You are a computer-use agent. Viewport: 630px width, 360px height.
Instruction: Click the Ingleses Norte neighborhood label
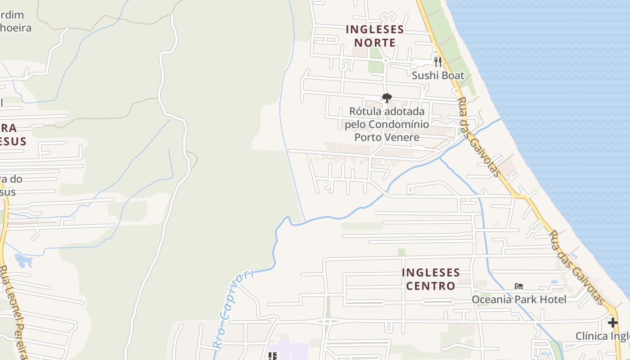coord(374,36)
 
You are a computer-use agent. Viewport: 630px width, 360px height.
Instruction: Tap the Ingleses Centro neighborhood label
coord(431,279)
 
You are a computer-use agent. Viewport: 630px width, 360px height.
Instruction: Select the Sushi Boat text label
coord(438,75)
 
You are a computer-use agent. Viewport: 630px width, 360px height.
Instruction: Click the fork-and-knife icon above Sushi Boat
coord(438,61)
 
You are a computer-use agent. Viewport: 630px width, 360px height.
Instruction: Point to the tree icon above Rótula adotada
coord(387,98)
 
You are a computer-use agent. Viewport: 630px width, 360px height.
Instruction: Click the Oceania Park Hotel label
coord(519,299)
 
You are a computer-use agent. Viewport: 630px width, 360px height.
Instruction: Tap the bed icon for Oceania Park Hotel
coord(519,286)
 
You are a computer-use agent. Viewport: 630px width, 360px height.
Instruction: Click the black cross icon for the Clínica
coord(612,323)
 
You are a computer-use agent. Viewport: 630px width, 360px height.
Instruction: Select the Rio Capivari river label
coord(233,308)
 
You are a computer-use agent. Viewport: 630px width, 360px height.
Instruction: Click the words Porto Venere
coord(387,137)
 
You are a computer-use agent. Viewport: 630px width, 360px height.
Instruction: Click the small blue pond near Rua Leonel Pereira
coord(23,260)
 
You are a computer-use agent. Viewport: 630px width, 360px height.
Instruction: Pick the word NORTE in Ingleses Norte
coord(374,43)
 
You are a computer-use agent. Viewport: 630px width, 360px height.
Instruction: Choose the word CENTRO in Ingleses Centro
coord(431,286)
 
